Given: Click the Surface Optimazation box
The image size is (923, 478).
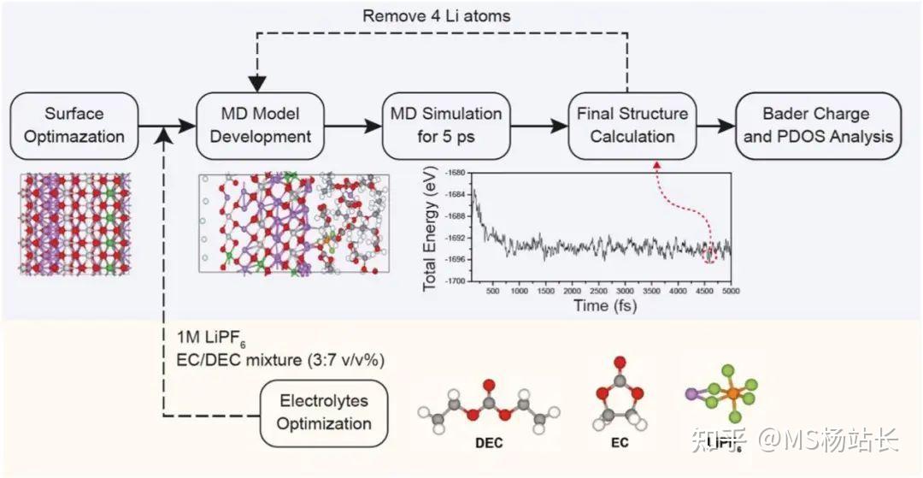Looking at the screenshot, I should (x=73, y=125).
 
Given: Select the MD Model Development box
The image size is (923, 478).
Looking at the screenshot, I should (x=255, y=125).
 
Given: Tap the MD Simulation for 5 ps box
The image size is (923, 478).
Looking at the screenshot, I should (x=446, y=125).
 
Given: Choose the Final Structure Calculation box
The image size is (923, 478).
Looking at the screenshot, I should (x=632, y=125).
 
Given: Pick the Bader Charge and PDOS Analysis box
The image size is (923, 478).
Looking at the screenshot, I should (x=818, y=125).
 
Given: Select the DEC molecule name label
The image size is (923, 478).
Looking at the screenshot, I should (x=488, y=445).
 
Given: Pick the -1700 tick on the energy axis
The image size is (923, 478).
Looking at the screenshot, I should (x=453, y=280).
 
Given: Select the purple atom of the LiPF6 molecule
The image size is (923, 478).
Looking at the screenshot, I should (x=691, y=395).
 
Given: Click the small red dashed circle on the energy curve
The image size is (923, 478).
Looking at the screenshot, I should (x=709, y=254).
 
